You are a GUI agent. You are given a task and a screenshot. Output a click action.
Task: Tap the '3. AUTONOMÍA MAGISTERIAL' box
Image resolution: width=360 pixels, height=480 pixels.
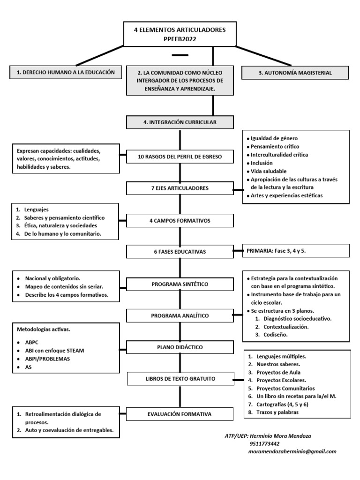295,73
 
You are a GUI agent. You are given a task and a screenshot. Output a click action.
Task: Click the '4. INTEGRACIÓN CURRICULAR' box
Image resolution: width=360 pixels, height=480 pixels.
180,123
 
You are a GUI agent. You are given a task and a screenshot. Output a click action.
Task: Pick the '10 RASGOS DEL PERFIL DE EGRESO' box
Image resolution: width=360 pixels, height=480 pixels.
180,157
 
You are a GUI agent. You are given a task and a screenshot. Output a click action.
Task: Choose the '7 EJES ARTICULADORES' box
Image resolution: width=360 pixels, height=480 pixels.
180,188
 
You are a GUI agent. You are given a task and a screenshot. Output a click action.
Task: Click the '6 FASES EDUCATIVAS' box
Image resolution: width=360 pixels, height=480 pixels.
180,252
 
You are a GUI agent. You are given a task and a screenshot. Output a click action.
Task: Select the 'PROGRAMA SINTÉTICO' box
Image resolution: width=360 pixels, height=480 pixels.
180,284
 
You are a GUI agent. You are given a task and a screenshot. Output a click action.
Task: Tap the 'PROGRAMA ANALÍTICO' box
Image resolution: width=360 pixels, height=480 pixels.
180,316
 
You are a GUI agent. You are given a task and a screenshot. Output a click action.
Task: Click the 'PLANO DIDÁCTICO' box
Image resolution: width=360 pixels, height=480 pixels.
180,347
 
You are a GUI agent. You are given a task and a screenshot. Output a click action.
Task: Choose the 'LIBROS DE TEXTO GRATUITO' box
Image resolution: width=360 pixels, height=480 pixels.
180,378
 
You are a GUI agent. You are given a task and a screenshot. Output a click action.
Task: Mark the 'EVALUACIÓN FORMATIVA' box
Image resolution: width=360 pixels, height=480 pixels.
180,414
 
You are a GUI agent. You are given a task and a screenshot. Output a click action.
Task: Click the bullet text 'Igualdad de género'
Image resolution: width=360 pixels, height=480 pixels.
274,138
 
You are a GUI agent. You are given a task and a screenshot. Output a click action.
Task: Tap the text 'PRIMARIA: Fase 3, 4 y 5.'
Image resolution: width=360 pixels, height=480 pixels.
277,251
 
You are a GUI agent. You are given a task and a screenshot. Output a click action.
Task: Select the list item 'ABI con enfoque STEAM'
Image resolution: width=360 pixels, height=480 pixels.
56,351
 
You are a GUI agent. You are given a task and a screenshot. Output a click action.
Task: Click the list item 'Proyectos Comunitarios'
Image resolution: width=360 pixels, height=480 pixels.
285,388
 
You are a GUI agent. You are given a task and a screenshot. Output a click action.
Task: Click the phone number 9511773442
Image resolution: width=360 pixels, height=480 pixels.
265,443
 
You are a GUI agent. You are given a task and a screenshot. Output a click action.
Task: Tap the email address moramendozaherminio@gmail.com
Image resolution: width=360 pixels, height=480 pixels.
292,451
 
